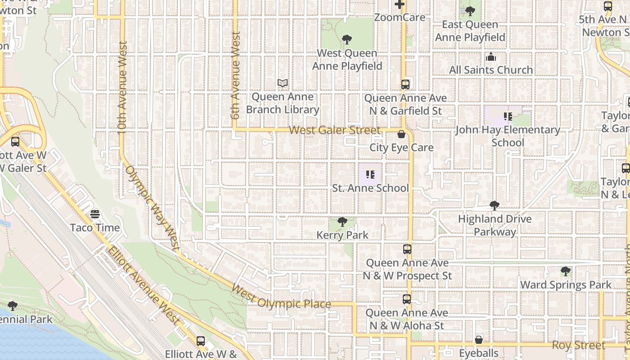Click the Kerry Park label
tap(342, 235)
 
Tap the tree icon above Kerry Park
tap(342, 222)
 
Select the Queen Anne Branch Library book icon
tap(283, 83)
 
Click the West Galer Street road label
tap(335, 130)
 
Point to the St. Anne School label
tap(370, 188)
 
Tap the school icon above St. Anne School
tap(370, 175)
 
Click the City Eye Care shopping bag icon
tap(401, 134)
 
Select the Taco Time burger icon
tap(95, 214)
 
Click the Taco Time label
tap(95, 227)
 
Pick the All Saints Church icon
tap(491, 57)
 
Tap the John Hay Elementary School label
tap(508, 136)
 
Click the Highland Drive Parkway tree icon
tap(495, 206)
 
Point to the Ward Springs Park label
tap(566, 285)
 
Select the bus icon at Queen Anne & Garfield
tap(405, 84)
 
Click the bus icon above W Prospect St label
tap(407, 249)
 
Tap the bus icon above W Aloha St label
tap(407, 299)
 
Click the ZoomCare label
tap(400, 18)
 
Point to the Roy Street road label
tap(578, 345)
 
